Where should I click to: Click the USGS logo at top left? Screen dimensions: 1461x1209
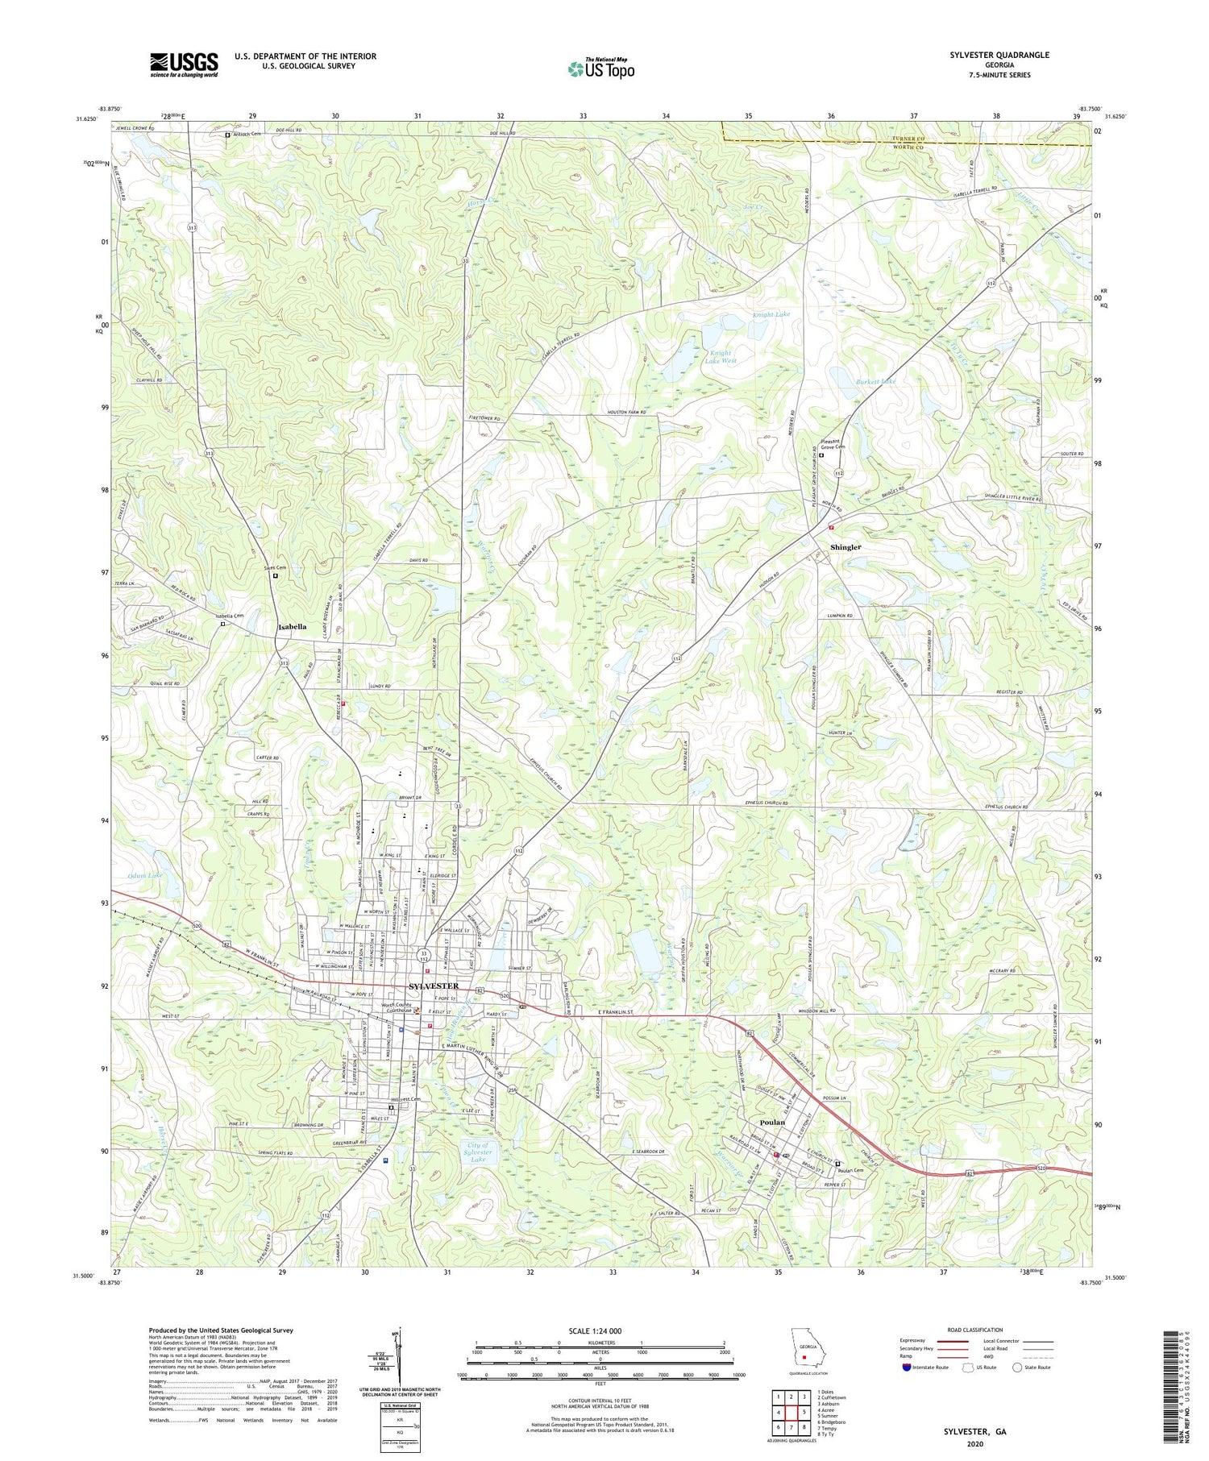[x=184, y=64]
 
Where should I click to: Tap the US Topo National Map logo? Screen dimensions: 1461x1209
[x=600, y=68]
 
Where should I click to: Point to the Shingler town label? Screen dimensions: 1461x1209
[x=845, y=547]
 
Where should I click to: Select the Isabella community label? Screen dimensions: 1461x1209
[x=292, y=626]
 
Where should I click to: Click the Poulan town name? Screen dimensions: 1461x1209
[x=772, y=1123]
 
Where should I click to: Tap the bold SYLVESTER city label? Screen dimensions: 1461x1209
[x=434, y=986]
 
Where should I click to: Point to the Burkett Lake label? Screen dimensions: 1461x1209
[x=875, y=381]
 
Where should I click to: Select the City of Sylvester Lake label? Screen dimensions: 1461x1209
[x=479, y=1153]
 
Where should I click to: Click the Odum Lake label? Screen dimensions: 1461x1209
[x=144, y=875]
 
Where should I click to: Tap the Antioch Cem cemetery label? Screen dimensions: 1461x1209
[x=246, y=135]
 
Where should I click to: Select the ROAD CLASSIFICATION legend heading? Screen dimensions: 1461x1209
[x=974, y=1330]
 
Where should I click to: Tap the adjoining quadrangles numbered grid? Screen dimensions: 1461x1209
[x=791, y=1411]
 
